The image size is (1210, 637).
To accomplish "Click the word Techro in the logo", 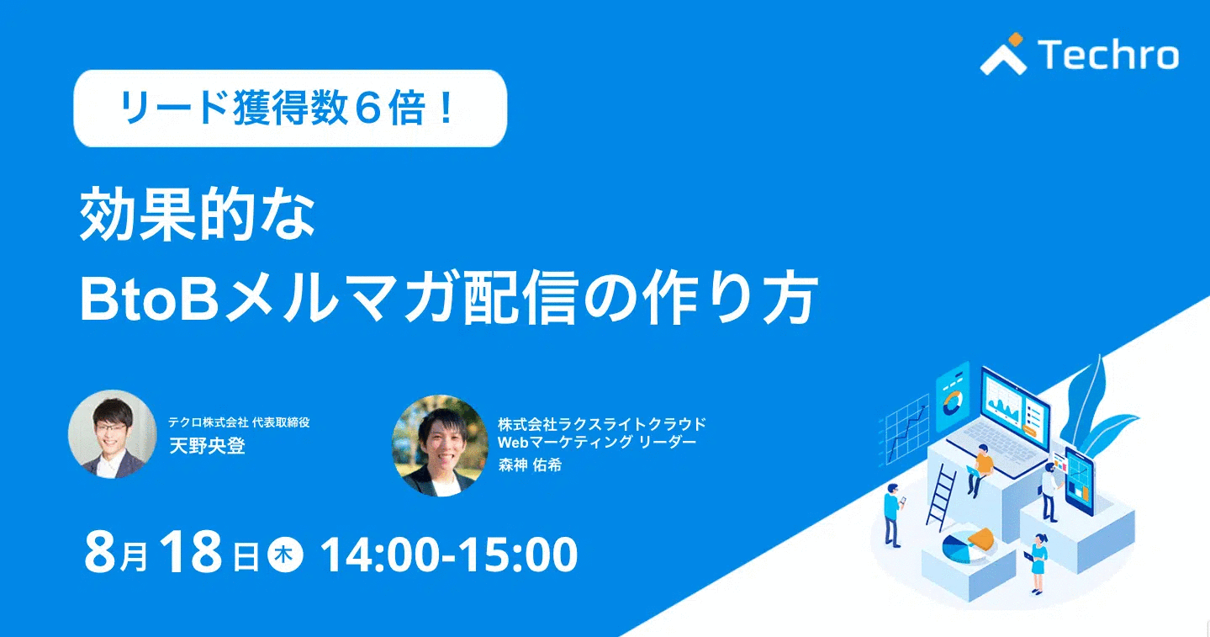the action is (x=1108, y=55).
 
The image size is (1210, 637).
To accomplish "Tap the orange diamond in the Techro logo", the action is (x=1016, y=40).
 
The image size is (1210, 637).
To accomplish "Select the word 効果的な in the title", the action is (x=198, y=214).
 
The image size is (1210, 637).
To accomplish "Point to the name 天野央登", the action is (x=208, y=446).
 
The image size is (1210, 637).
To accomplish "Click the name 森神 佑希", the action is (x=530, y=464).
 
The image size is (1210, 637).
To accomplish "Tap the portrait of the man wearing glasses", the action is (x=113, y=434).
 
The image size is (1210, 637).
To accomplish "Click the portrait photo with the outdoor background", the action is (x=440, y=446).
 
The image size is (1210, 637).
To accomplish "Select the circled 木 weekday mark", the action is (x=285, y=555).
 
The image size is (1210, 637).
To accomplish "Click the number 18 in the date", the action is (x=191, y=552).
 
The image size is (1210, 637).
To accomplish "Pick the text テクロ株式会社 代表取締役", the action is (x=239, y=422).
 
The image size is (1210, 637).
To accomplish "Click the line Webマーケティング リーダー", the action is (x=597, y=443).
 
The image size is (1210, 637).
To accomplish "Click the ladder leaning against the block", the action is (x=940, y=496).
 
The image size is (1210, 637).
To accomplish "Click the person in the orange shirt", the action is (x=981, y=470).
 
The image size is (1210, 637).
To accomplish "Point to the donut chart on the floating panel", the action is (x=953, y=403).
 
